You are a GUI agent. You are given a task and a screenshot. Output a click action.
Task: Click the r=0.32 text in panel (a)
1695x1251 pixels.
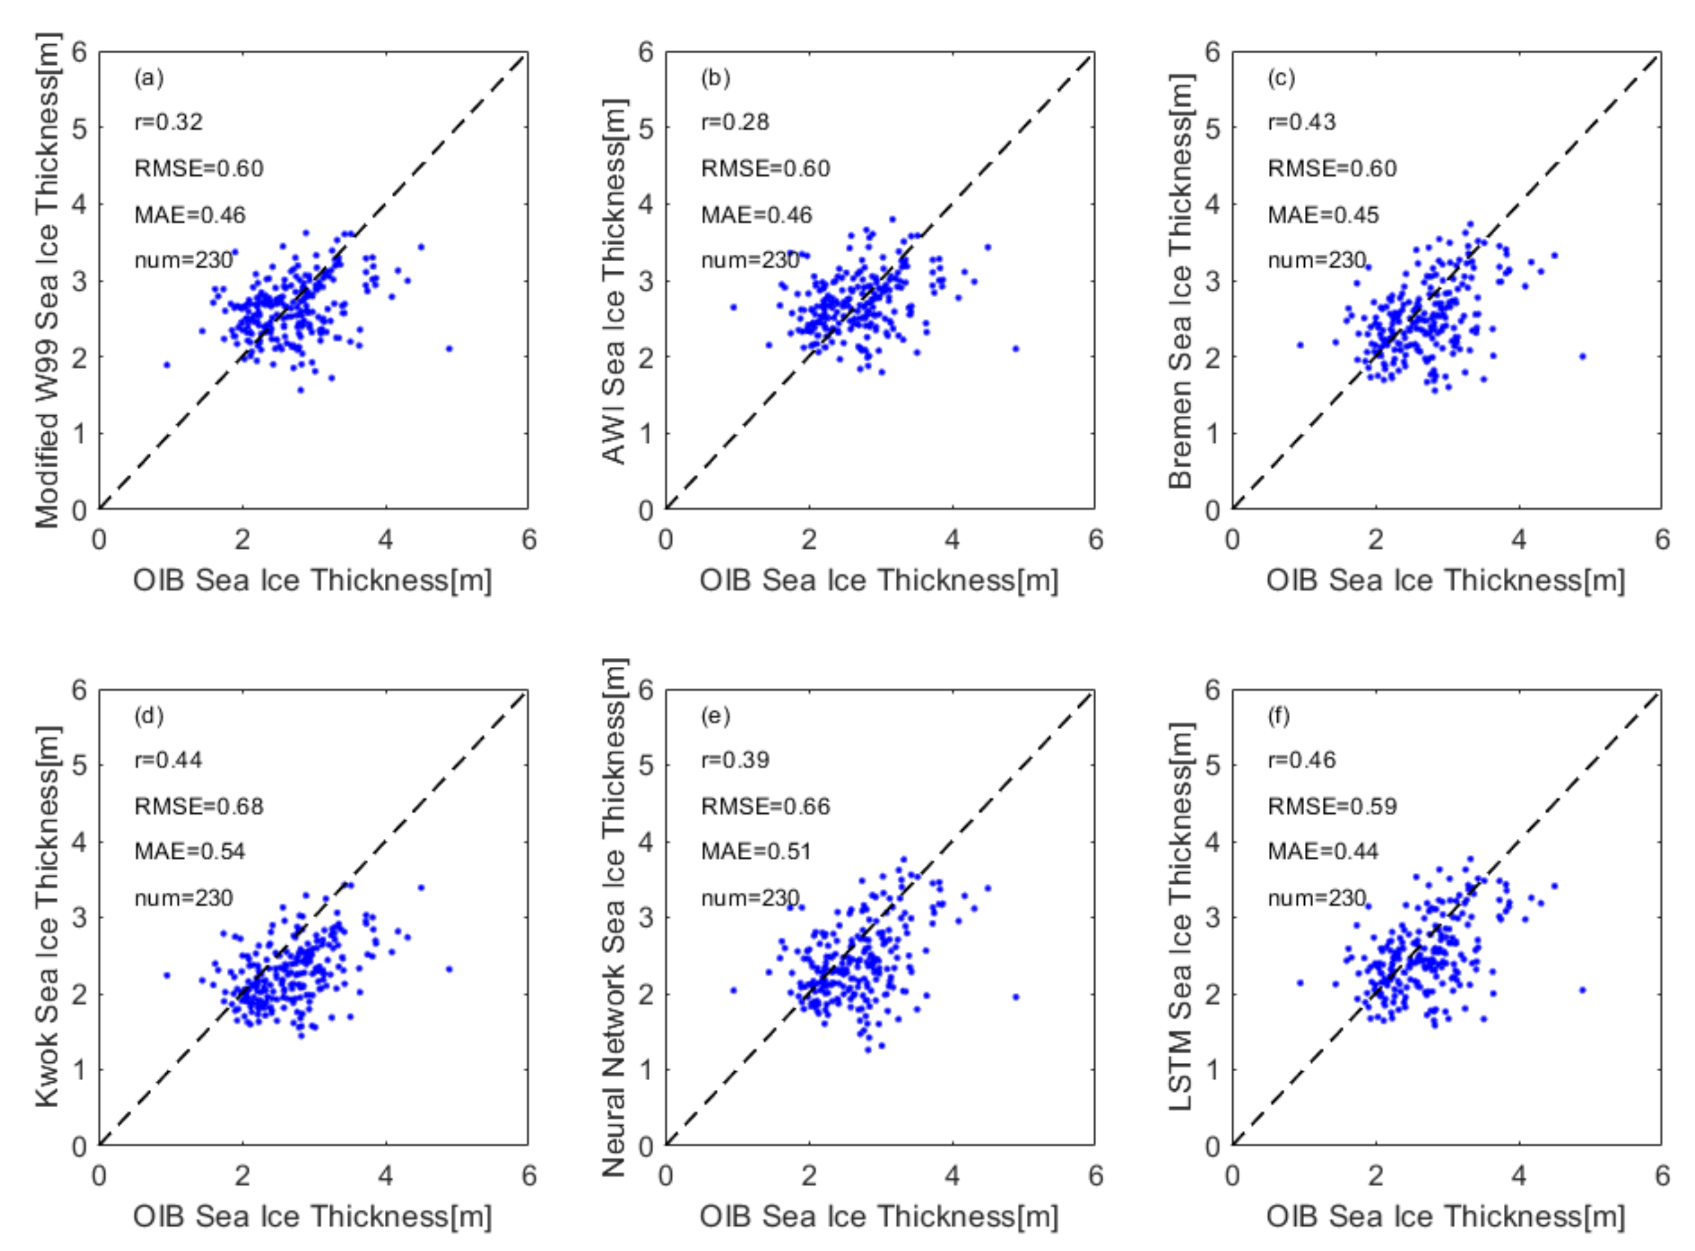coord(168,122)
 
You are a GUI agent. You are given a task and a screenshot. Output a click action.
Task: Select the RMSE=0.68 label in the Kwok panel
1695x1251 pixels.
coord(198,806)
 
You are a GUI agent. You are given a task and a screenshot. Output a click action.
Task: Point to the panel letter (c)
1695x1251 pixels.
coord(1281,78)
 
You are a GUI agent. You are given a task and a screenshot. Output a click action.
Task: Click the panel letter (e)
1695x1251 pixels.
coord(714,715)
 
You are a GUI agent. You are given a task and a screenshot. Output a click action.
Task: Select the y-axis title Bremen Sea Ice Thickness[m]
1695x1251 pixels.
coord(1180,280)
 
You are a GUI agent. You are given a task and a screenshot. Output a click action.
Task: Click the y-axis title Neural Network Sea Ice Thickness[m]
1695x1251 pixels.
coord(614,918)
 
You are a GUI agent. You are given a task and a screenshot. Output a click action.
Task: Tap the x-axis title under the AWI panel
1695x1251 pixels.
coord(879,581)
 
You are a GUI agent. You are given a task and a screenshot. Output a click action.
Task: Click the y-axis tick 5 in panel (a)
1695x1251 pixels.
coord(80,128)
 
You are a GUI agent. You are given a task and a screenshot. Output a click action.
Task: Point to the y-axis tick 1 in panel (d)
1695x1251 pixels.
coord(80,1070)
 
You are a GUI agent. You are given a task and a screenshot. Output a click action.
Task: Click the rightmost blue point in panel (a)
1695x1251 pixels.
coord(449,348)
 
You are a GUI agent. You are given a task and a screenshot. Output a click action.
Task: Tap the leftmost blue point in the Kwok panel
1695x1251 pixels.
coord(167,975)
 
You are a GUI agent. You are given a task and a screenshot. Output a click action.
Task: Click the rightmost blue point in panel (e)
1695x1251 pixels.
coord(1016,996)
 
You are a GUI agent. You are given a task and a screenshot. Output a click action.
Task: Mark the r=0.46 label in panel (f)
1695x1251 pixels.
coord(1301,760)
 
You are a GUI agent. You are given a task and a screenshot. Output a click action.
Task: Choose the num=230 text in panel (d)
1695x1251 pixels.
coord(183,898)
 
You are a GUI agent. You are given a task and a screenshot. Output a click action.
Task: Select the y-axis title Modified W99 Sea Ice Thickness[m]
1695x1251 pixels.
coord(47,280)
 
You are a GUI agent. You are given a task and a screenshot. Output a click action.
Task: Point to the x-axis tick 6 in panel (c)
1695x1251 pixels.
coord(1661,539)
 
